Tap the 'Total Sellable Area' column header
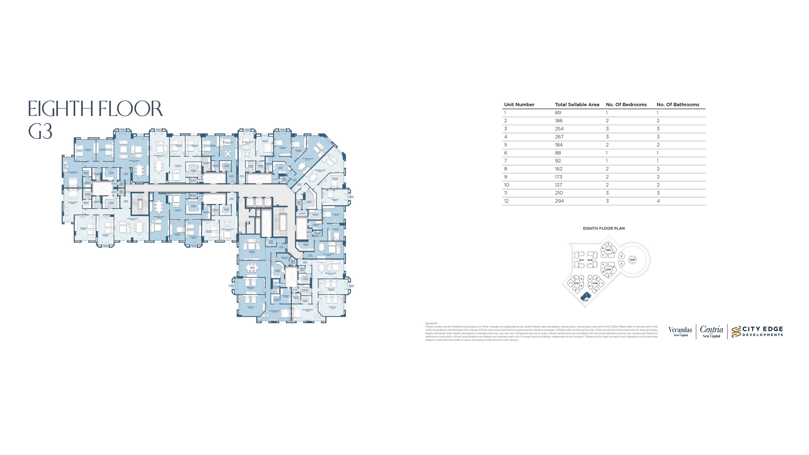point(577,104)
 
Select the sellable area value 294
point(559,201)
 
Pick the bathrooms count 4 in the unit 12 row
point(658,201)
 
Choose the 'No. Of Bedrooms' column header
point(626,104)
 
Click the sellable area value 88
point(558,153)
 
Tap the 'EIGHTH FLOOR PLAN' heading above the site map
point(604,229)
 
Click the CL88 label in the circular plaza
point(632,260)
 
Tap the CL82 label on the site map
point(608,270)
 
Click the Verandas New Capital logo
point(680,331)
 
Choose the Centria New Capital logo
point(711,331)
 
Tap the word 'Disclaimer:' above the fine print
point(431,323)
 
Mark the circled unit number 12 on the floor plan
point(286,246)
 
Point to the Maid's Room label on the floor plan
point(284,258)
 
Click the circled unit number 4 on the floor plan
point(128,184)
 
